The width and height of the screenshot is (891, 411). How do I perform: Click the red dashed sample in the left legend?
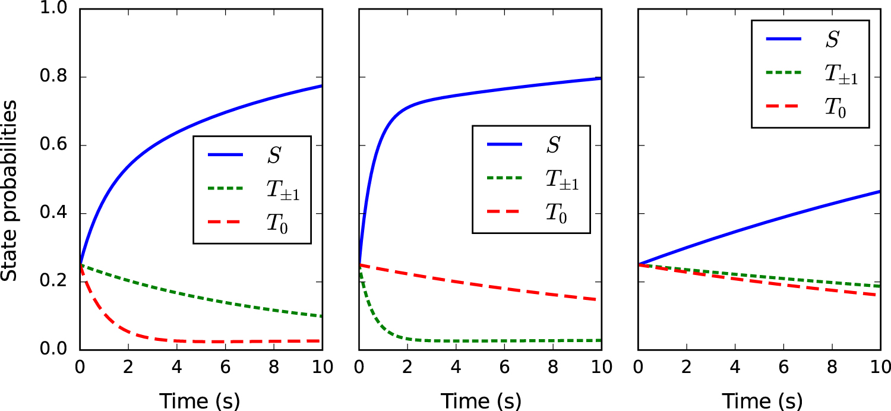pos(225,223)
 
